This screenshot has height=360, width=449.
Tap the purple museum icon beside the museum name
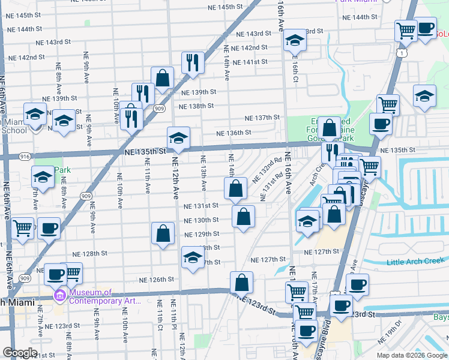tap(59, 296)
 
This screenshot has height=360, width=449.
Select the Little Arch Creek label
tap(415, 261)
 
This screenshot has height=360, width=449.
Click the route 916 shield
tap(25, 156)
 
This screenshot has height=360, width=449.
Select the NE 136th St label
tap(234, 133)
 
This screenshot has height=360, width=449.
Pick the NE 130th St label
tap(201, 220)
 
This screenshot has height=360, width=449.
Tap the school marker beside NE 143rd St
tap(294, 40)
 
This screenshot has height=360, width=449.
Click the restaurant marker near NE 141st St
tap(193, 62)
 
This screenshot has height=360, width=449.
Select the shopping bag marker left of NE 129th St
tap(163, 233)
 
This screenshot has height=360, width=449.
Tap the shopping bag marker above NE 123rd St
tap(241, 281)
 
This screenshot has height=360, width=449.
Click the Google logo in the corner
tap(20, 353)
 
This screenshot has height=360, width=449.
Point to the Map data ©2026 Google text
tap(411, 355)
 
